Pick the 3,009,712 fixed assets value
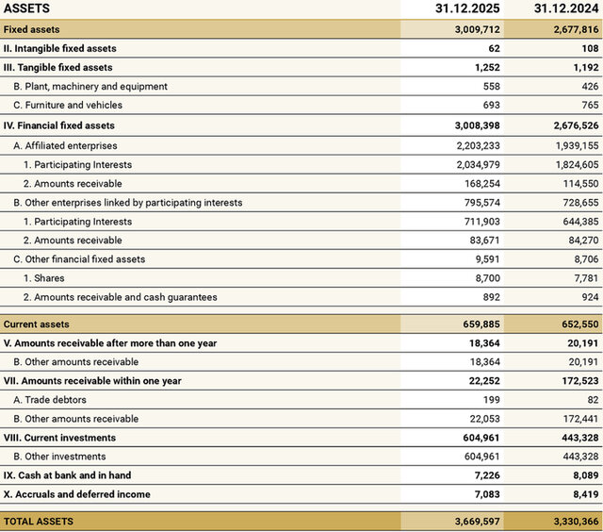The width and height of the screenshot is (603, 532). coord(471,29)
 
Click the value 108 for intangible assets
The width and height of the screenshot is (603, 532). coord(590,48)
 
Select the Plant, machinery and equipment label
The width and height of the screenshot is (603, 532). coord(90,86)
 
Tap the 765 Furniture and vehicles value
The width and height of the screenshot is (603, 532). coord(588,105)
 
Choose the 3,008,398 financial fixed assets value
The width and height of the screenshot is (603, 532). coord(471,125)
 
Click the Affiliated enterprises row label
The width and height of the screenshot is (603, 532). coord(65,145)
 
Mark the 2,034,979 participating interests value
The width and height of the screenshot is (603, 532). coord(471,164)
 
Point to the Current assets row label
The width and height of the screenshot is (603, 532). coord(37,324)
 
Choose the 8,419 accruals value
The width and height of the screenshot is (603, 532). coord(581,494)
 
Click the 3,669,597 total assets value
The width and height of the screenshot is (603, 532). coord(471,521)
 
